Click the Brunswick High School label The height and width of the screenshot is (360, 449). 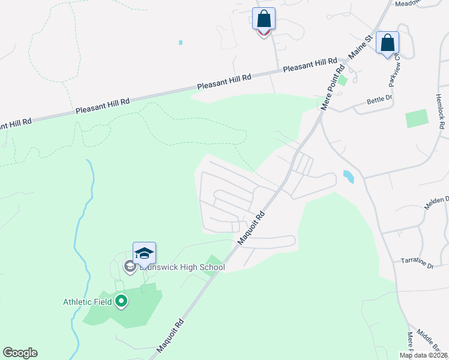tap(181, 267)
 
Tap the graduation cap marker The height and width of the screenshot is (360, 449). tap(144, 253)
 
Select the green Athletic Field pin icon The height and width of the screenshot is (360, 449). tap(121, 301)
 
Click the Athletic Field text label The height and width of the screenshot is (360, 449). tap(88, 302)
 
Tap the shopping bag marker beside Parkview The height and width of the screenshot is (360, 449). tap(387, 43)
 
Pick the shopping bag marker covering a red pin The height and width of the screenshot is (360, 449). tap(264, 19)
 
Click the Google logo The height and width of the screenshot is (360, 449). tap(20, 353)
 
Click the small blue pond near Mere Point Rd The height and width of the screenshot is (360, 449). tap(348, 176)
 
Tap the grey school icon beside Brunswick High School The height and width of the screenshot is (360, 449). tap(129, 266)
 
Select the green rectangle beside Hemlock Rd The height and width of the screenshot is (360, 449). tap(417, 118)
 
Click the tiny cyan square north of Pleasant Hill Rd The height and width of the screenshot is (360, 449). tap(180, 43)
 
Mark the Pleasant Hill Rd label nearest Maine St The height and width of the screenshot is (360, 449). tap(310, 65)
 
